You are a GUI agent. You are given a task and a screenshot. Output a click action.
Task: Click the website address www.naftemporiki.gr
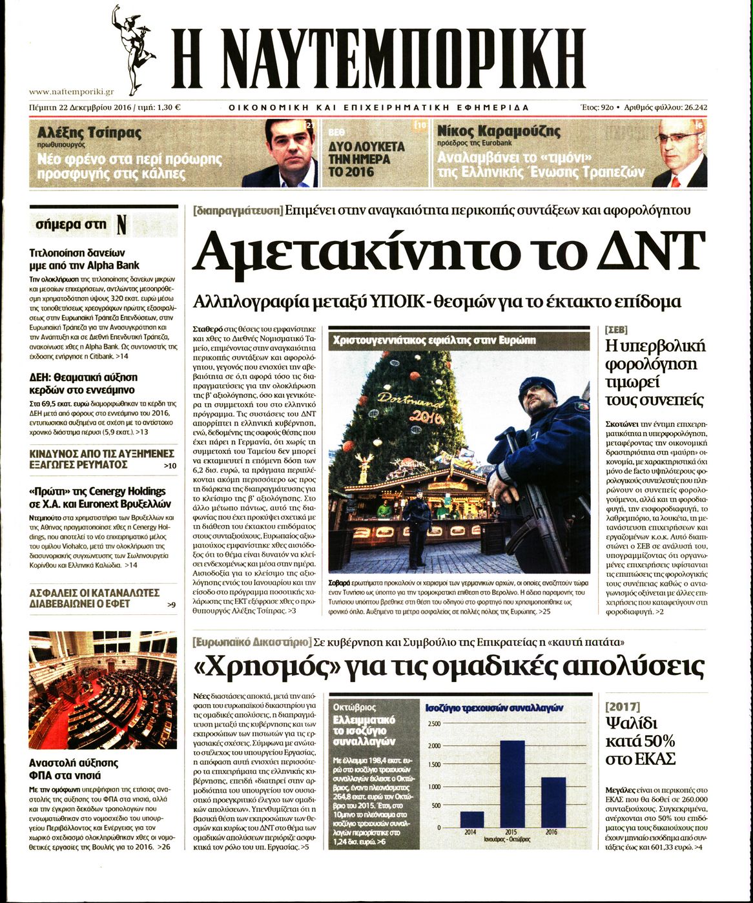coord(72,92)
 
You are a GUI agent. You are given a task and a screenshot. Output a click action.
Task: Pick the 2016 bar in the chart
coord(553,802)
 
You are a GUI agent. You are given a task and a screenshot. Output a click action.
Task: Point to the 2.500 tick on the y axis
coord(434,724)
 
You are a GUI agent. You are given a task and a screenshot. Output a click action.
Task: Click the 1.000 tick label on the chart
coord(434,787)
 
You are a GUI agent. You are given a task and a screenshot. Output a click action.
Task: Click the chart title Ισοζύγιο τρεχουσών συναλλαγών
coord(494,708)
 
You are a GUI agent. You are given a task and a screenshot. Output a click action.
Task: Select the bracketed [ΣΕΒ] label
coord(616,329)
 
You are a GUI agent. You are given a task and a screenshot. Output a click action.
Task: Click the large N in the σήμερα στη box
coord(121,225)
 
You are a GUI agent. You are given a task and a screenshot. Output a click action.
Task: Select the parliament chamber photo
coord(103,690)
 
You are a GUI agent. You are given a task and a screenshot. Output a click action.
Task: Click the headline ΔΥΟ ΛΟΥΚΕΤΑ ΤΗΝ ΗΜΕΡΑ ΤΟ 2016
coord(367,159)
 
